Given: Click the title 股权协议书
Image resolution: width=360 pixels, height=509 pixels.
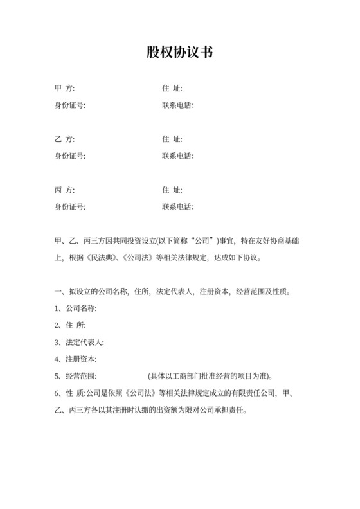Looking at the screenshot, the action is click(179, 53).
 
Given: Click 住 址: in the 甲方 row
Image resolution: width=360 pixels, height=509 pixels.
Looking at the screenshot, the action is click(172, 89).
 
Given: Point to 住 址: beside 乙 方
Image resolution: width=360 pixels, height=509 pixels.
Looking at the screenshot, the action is click(172, 139).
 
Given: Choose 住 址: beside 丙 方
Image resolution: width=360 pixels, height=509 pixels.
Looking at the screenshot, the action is click(172, 190).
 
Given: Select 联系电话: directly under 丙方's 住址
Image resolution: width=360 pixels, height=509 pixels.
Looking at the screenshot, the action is click(178, 207).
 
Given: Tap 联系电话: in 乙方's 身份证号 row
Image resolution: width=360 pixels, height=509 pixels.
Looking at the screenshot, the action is click(178, 156).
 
